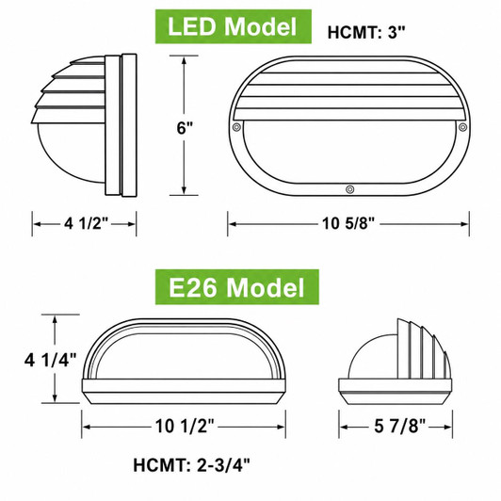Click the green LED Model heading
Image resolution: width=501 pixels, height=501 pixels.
(x=234, y=26)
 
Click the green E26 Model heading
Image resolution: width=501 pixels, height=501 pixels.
(x=236, y=287)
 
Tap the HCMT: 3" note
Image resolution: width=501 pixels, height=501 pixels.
(x=366, y=32)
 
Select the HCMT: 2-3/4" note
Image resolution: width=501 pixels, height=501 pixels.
(x=191, y=465)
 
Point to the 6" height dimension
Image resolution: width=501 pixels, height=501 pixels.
(x=185, y=128)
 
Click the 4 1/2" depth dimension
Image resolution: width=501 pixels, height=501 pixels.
(x=87, y=223)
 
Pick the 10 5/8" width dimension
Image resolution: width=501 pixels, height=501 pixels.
(x=347, y=223)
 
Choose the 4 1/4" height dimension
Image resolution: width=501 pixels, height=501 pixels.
(x=51, y=360)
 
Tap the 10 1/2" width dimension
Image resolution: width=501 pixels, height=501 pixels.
(x=185, y=427)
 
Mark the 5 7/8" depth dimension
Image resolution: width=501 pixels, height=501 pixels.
(x=400, y=427)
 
